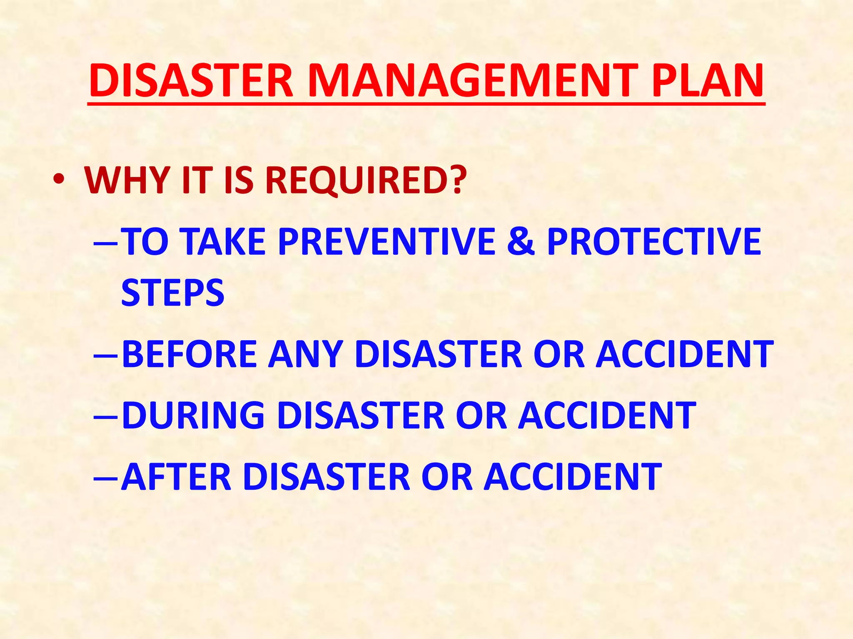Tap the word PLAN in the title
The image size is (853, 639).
pos(707,81)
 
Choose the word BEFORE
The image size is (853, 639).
pos(190,354)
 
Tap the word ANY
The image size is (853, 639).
pos(306,354)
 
